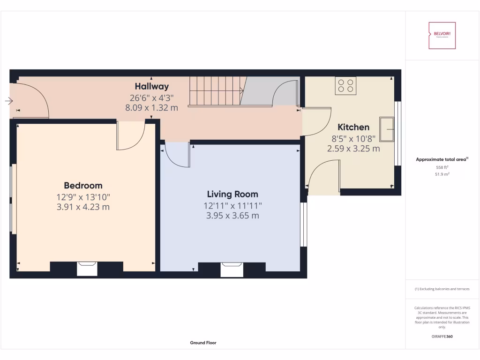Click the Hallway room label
tap(151, 86)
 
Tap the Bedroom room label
tap(83, 186)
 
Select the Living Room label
tap(232, 194)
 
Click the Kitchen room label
tap(353, 127)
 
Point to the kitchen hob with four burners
tap(345, 85)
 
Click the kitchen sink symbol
tap(387, 128)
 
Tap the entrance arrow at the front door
tap(9, 100)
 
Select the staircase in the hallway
tap(215, 91)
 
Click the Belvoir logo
tap(442, 36)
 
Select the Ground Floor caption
tap(203, 343)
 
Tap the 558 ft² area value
tap(442, 167)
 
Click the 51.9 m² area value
tap(442, 174)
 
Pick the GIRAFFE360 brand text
tap(442, 336)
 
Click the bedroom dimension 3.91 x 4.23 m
tap(83, 207)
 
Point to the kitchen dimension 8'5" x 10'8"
tap(353, 138)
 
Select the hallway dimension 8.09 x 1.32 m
tap(151, 107)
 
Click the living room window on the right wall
tap(303, 225)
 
